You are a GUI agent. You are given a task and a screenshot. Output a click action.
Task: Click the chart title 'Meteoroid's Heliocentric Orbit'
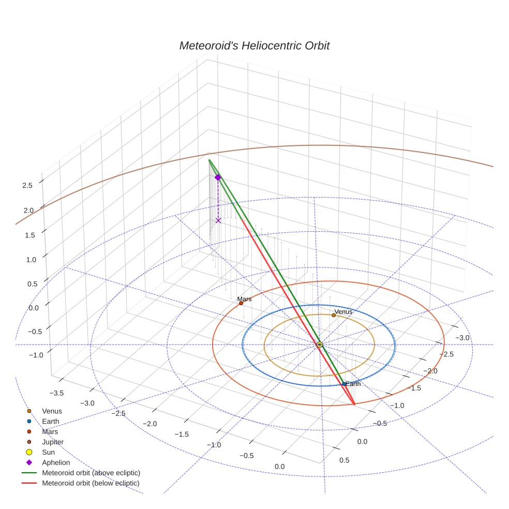(x=254, y=46)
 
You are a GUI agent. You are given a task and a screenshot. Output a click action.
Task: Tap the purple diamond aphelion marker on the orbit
(x=218, y=177)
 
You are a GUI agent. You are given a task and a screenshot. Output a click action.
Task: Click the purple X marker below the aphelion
(x=218, y=220)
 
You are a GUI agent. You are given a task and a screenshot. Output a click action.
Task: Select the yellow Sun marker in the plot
(x=319, y=344)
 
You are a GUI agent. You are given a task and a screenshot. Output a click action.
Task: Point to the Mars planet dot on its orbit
(x=241, y=303)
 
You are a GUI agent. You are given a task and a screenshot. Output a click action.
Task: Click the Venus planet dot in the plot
(x=334, y=315)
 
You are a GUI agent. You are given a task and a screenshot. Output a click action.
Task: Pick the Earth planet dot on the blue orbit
(x=344, y=384)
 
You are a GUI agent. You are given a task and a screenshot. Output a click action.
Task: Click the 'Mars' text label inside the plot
(x=244, y=299)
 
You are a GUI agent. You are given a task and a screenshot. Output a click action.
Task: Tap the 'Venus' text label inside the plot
(x=343, y=312)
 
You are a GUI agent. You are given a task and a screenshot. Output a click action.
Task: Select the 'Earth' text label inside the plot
(x=353, y=384)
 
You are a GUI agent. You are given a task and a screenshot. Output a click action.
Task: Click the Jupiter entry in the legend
(x=53, y=442)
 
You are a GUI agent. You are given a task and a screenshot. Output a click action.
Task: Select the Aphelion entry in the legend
(x=56, y=462)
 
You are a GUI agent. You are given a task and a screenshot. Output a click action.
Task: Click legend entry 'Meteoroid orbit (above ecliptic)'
(x=91, y=473)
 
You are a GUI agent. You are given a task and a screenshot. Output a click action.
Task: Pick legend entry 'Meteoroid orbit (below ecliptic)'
(x=91, y=483)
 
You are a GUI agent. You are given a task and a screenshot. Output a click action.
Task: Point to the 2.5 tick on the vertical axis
(x=27, y=185)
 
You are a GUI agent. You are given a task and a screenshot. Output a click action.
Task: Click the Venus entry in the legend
(x=52, y=411)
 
